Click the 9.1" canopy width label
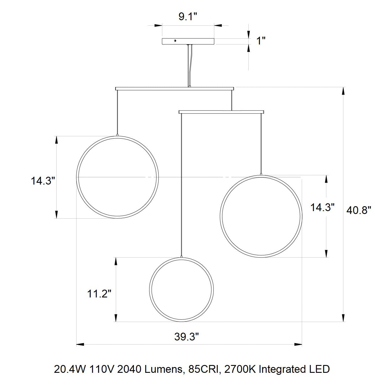click(187, 16)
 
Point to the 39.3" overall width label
click(187, 337)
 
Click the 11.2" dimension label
click(99, 294)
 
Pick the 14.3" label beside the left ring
click(43, 181)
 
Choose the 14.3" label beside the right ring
click(322, 207)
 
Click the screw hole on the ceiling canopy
click(175, 41)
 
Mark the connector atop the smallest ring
click(181, 256)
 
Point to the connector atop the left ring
click(117, 135)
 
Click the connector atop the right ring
click(261, 174)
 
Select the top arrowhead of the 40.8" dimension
click(343, 91)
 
